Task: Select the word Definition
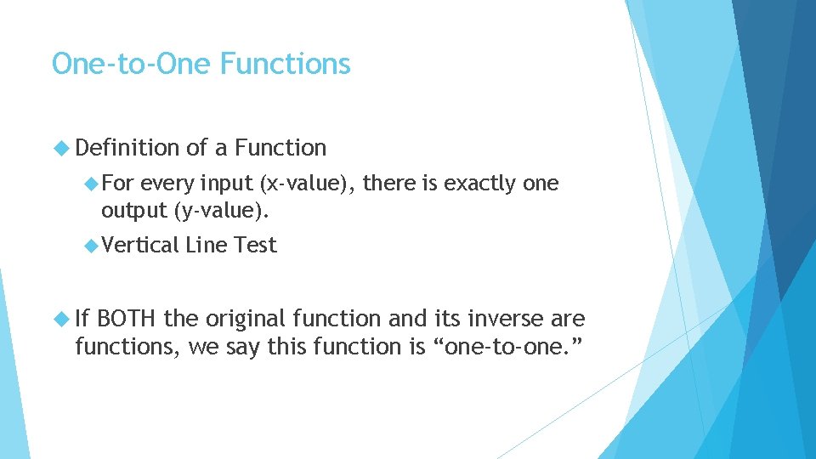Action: pyautogui.click(x=127, y=148)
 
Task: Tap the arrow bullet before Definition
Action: pyautogui.click(x=61, y=148)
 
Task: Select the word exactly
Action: pyautogui.click(x=479, y=184)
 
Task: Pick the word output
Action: pyautogui.click(x=133, y=209)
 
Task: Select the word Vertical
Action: pyautogui.click(x=140, y=246)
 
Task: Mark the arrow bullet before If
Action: pyautogui.click(x=61, y=320)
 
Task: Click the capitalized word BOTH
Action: pyautogui.click(x=127, y=320)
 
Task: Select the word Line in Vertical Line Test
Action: pyautogui.click(x=207, y=246)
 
